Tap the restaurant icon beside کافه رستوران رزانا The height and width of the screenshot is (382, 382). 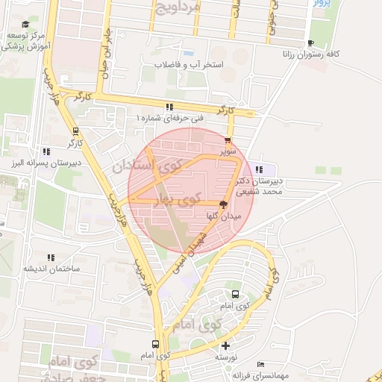[x=311, y=43]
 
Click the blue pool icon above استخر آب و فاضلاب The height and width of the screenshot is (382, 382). [x=189, y=54]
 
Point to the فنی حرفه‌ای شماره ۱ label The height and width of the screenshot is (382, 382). [x=169, y=118]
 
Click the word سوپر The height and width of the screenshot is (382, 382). [x=227, y=150]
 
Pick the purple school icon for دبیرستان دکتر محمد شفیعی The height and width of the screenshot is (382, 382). [x=260, y=168]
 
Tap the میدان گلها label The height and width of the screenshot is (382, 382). [x=223, y=215]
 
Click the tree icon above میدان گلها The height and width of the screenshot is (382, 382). [x=223, y=204]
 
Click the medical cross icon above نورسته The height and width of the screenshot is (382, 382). [x=225, y=345]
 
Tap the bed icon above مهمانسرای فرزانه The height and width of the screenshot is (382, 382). [x=259, y=363]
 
